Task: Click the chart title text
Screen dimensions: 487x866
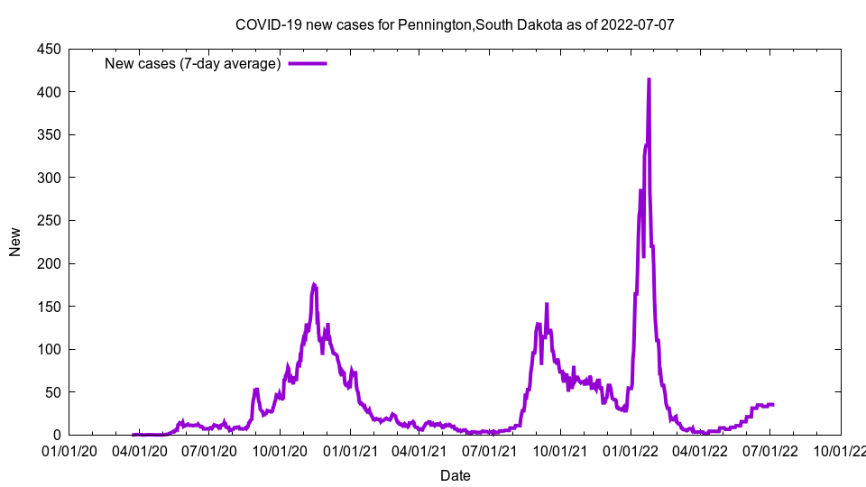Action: (x=455, y=24)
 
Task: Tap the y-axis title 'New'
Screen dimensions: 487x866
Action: (x=15, y=242)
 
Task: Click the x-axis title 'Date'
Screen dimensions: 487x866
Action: (x=455, y=475)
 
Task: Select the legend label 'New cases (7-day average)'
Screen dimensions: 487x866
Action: (x=193, y=64)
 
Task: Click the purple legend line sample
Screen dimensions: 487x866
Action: (x=307, y=64)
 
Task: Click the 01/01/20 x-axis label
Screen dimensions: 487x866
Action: (x=70, y=450)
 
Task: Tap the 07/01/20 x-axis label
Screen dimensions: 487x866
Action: (x=210, y=450)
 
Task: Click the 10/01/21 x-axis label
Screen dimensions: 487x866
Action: (x=560, y=450)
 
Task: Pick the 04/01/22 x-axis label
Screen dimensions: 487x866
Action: (x=700, y=450)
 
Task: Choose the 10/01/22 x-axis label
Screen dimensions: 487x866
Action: (x=840, y=450)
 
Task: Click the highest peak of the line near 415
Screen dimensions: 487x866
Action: (x=649, y=79)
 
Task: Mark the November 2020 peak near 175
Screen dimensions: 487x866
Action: (x=314, y=285)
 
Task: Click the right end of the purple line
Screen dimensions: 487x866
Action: (x=773, y=405)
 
